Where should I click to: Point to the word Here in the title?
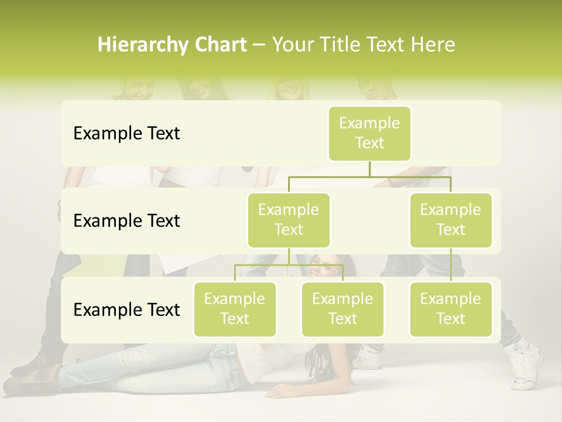[x=433, y=45]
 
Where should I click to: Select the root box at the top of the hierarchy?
[x=369, y=134]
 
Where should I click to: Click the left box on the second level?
[x=289, y=220]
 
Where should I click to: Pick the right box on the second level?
[x=451, y=220]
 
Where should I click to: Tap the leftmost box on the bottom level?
[x=235, y=309]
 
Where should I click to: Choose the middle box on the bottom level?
[x=342, y=309]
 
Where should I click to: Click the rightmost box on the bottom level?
[x=451, y=309]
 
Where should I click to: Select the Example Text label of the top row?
[x=126, y=134]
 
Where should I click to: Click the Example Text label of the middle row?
[x=126, y=221]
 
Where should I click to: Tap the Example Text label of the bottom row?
[x=126, y=309]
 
